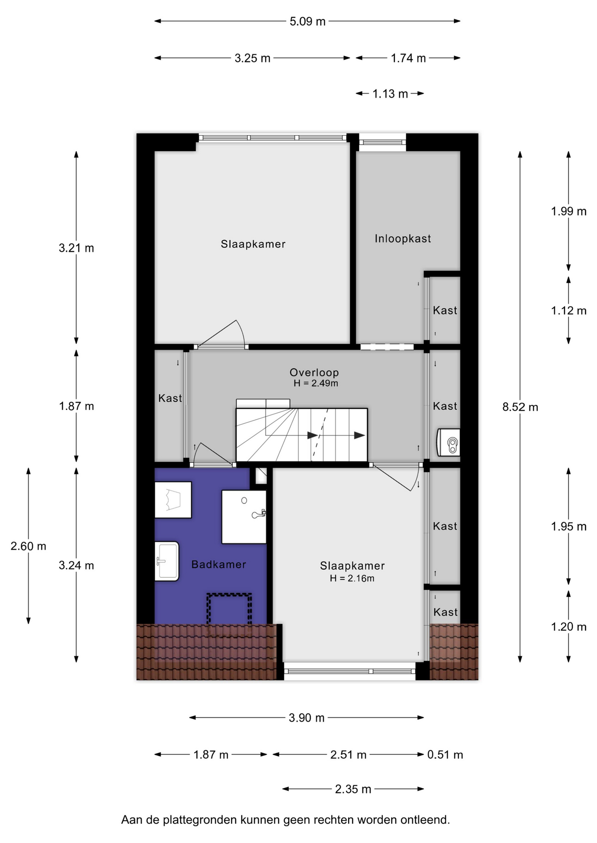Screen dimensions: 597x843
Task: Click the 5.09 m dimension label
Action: [x=307, y=22]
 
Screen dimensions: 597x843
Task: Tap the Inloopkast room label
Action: [x=403, y=238]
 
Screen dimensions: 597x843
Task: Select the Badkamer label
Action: [x=218, y=565]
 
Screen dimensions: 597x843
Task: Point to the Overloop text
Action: [x=314, y=372]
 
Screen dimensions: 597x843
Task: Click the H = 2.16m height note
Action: [x=352, y=578]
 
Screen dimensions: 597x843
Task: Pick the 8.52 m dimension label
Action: [x=520, y=407]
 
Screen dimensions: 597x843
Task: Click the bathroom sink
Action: [x=167, y=561]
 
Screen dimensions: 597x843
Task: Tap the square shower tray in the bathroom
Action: [x=244, y=517]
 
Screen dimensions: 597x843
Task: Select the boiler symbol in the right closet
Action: [x=448, y=442]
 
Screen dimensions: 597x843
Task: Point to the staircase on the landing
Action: [x=302, y=435]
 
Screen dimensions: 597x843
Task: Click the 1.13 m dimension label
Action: [x=390, y=94]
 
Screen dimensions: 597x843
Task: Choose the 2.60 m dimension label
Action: [x=28, y=546]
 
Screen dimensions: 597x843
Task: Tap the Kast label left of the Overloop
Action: [x=170, y=398]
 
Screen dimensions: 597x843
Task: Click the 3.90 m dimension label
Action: [x=306, y=718]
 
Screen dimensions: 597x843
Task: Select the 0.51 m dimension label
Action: [x=445, y=755]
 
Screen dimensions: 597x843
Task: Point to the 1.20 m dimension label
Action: [x=569, y=627]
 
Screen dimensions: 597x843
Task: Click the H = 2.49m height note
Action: [x=316, y=383]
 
